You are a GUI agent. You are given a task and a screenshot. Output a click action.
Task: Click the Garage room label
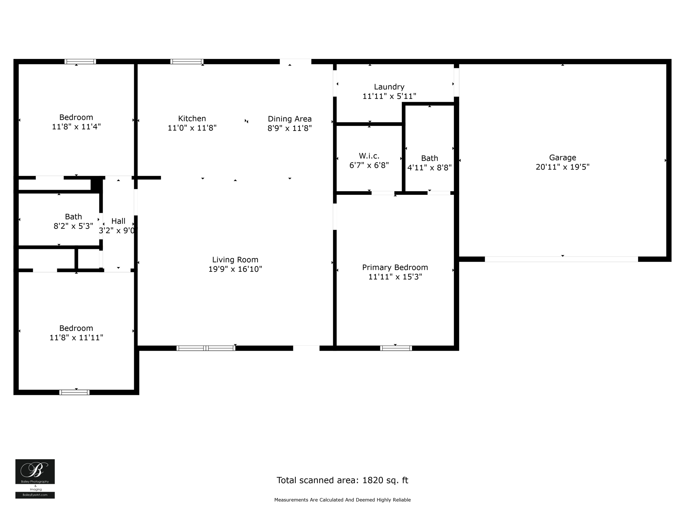coord(562,158)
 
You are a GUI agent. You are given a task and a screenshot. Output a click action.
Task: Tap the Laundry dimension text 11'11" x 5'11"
coord(389,96)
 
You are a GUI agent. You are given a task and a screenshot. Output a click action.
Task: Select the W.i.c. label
coord(369,156)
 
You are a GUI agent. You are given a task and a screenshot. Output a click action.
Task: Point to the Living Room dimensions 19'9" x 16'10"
coord(235,269)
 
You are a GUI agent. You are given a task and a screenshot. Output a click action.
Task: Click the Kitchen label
coord(192,118)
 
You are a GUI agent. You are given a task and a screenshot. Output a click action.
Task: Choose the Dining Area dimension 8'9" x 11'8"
coord(289,128)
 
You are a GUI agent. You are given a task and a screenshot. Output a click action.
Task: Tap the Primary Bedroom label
coord(395,267)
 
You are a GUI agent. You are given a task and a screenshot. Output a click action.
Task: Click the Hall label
coord(118,221)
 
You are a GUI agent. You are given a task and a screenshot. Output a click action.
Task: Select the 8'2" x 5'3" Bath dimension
coord(73,226)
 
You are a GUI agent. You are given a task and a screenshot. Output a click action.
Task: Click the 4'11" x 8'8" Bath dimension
coord(429,168)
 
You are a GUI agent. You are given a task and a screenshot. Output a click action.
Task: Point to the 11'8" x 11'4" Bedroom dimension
coord(76,127)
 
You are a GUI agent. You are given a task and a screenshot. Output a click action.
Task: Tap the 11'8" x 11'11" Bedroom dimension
coord(76,338)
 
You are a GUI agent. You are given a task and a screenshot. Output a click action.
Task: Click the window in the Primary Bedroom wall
coord(396,348)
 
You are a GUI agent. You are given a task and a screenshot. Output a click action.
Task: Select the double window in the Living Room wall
coord(206,348)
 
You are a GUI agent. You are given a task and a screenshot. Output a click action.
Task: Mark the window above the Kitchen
coord(187,62)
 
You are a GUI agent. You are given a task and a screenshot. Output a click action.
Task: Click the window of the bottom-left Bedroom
coord(74,393)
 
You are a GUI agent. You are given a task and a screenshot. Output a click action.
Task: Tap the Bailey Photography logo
coord(35,472)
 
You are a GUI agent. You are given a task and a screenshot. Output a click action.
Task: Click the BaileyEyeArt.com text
coord(35,495)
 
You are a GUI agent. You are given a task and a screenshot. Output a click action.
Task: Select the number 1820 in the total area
coord(372,480)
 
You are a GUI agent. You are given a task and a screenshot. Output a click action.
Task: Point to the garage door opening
coord(561,259)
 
